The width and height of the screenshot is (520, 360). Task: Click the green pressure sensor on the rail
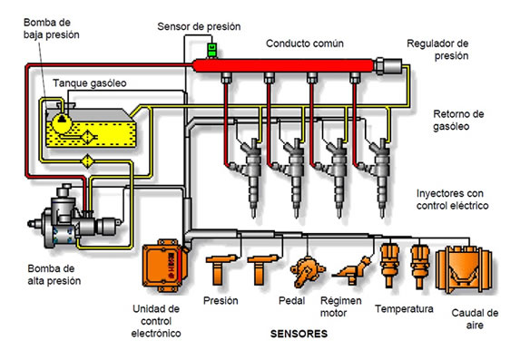(x=211, y=50)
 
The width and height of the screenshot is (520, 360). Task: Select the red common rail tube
(x=284, y=65)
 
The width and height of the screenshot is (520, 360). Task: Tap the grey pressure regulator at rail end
(x=388, y=65)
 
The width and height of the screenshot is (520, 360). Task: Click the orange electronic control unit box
(x=163, y=266)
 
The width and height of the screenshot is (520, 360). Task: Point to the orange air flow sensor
(x=464, y=269)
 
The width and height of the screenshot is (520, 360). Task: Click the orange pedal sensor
(x=307, y=271)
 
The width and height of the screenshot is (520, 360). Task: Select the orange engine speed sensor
(x=352, y=270)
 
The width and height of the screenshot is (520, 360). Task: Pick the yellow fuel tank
(x=90, y=128)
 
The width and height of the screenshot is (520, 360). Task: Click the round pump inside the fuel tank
(x=62, y=123)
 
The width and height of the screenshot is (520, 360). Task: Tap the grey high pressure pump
(x=74, y=219)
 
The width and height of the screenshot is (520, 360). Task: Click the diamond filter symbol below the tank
(x=87, y=161)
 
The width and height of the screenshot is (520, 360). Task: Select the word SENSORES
(x=299, y=334)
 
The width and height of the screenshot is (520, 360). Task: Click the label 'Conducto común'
(x=305, y=44)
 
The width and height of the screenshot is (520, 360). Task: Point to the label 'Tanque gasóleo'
(x=90, y=83)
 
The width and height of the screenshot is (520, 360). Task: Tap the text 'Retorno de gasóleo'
(x=458, y=120)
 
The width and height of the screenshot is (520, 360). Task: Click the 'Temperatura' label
(x=404, y=309)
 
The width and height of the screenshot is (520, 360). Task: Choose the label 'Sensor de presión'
(x=199, y=26)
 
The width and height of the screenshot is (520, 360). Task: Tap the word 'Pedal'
(x=292, y=301)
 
